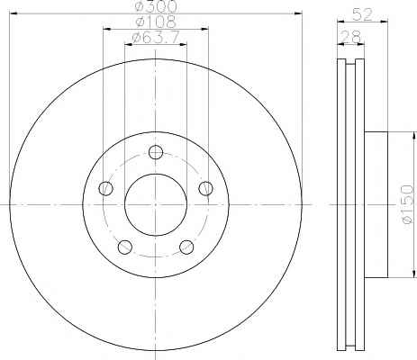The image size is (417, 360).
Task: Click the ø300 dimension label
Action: [x=156, y=6]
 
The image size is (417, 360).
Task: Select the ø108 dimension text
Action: [x=155, y=22]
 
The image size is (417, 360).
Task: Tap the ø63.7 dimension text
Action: [x=156, y=38]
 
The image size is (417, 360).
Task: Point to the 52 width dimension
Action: [x=362, y=14]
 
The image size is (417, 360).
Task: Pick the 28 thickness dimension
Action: [x=351, y=37]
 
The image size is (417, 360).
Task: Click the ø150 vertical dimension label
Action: [x=408, y=204]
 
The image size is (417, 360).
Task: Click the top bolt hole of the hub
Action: [x=156, y=152]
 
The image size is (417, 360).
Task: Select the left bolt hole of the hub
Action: [x=105, y=188]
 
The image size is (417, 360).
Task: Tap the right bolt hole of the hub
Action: [x=206, y=188]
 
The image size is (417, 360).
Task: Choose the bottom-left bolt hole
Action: [x=125, y=247]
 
